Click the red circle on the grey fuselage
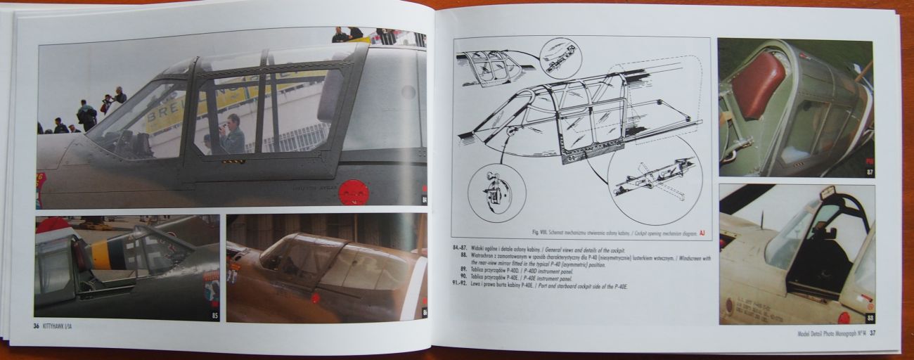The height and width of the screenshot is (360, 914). click(353, 191)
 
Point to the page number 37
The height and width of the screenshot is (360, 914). click(872, 333)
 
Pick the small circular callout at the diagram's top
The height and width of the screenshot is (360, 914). click(560, 58)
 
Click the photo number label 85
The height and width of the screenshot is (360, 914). click(214, 314)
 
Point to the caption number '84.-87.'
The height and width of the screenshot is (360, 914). click(461, 248)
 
